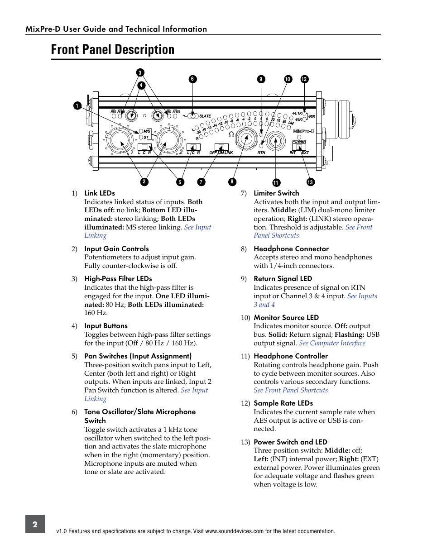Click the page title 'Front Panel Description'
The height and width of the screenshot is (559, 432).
[113, 49]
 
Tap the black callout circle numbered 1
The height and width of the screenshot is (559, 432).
[77, 106]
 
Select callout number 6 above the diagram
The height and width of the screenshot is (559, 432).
[192, 79]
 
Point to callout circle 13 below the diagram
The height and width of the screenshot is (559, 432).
[310, 182]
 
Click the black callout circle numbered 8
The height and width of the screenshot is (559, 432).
[232, 182]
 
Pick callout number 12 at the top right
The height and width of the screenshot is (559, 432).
[304, 79]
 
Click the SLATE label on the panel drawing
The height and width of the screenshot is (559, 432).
[205, 116]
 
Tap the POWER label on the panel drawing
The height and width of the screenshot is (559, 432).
[299, 141]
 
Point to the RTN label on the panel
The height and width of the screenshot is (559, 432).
[261, 153]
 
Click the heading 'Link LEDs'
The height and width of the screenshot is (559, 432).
[100, 193]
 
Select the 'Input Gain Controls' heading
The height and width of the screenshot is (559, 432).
[116, 249]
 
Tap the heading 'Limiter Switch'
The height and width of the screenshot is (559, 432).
[276, 193]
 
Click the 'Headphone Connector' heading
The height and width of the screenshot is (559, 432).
[291, 249]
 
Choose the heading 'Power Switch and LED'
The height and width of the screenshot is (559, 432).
[290, 442]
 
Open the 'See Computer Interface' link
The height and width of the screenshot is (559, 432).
[332, 343]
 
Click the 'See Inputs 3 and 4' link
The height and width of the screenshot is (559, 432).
[362, 296]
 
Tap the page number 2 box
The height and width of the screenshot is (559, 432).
[35, 524]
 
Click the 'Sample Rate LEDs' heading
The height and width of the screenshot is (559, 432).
[283, 403]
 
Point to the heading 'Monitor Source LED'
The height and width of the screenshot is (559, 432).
[286, 318]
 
